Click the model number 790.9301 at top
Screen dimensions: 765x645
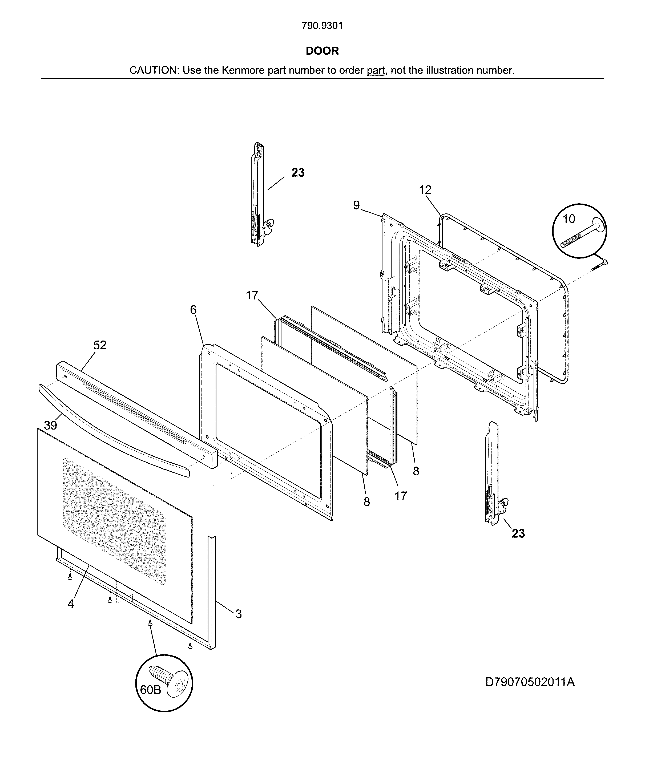click(x=322, y=26)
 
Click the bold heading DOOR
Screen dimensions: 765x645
click(x=322, y=51)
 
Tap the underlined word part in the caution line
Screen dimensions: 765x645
click(x=376, y=70)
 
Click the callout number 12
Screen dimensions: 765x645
click(x=425, y=190)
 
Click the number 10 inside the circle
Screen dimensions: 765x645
click(x=569, y=219)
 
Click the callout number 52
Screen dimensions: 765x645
click(x=100, y=345)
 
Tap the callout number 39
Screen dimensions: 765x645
click(x=50, y=425)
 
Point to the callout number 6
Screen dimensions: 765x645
click(x=193, y=310)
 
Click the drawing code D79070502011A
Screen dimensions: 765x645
click(x=530, y=682)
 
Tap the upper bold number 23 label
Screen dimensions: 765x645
click(x=298, y=172)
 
